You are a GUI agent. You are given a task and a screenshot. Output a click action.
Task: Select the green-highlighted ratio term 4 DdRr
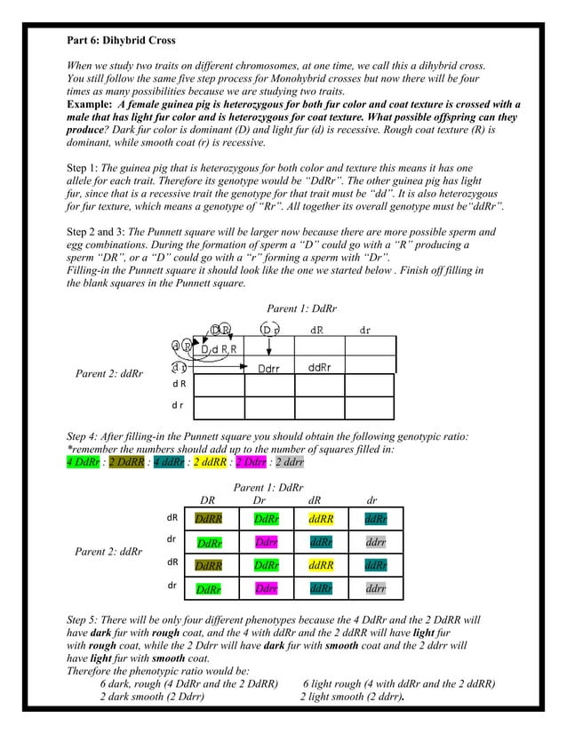coord(87,462)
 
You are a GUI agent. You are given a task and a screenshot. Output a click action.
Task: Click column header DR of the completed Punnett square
coord(208,501)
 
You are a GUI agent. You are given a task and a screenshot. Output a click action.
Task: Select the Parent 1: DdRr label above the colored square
coord(268,488)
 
